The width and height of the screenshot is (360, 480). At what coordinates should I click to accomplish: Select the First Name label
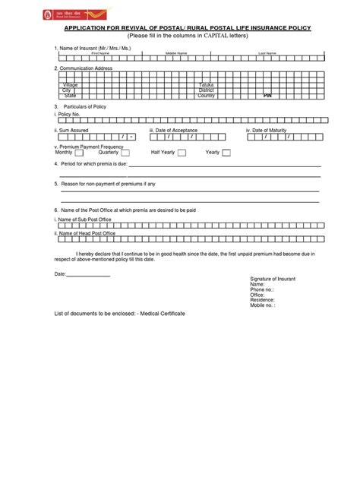tap(100, 54)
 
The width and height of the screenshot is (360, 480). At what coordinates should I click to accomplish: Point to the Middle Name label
tap(175, 54)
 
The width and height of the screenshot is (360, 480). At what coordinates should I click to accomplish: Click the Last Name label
tap(267, 54)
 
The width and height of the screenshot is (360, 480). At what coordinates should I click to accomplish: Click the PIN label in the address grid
tap(267, 96)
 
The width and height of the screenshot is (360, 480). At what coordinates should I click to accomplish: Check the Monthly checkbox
tap(80, 153)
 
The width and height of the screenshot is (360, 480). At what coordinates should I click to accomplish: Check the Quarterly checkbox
tap(125, 153)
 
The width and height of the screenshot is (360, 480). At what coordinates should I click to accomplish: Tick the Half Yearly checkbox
tap(185, 153)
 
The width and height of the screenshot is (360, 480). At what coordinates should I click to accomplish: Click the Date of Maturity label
tap(269, 130)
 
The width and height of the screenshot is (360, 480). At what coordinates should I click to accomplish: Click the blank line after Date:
tap(90, 273)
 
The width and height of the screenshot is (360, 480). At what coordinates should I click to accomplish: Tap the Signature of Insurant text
tap(273, 279)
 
